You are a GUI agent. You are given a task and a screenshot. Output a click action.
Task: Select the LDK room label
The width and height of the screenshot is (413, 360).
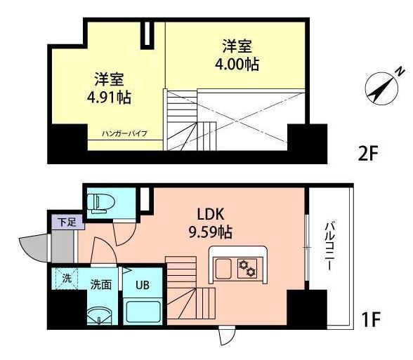pos(211,213)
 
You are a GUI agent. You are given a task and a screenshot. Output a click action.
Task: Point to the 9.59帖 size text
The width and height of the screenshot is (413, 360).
pos(210,231)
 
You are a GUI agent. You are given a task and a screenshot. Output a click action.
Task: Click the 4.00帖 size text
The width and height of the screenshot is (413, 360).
pos(237,64)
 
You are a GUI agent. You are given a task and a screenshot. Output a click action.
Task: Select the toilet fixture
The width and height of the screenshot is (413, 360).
pos(100,202)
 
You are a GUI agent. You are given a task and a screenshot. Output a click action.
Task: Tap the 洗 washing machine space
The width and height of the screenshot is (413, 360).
pos(67,278)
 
